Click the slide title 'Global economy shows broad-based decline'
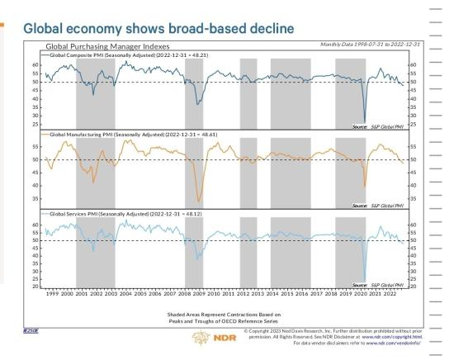157,28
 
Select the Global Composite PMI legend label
115,54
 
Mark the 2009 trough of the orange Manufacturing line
198,201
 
